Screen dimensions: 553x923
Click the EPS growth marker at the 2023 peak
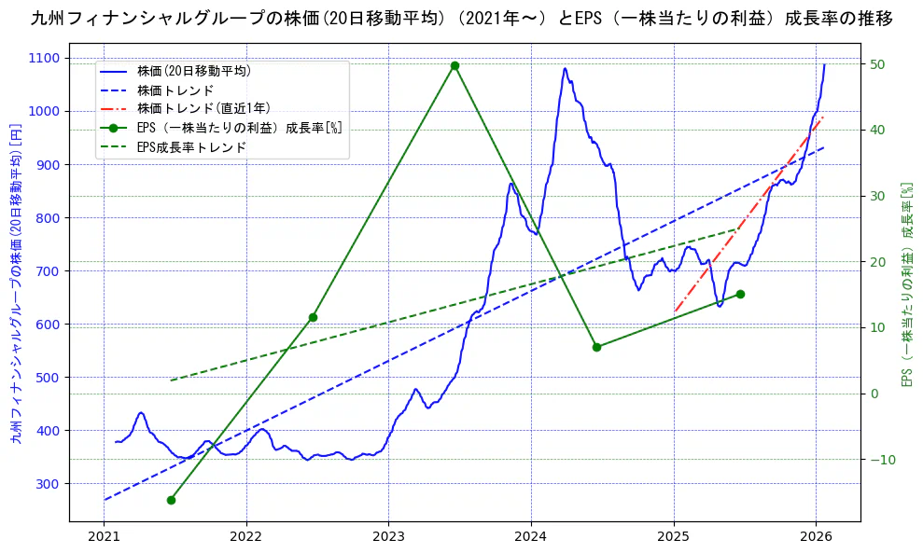coord(455,65)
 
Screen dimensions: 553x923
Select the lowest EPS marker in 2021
coord(171,500)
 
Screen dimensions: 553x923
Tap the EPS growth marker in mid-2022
coord(313,317)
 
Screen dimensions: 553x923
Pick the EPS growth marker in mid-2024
coord(596,347)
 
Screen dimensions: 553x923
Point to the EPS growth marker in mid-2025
coord(740,294)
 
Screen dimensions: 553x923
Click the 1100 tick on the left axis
coord(44,58)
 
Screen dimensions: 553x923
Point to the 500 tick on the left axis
coord(48,377)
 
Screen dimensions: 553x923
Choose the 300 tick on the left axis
coord(48,483)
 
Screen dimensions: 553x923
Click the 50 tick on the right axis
coord(877,64)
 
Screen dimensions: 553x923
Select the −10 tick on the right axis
coord(881,459)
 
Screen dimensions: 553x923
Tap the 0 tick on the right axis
coord(874,394)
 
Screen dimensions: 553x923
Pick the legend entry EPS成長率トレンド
coord(191,146)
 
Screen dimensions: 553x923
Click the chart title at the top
coord(461,19)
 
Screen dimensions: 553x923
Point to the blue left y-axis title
coord(16,283)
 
